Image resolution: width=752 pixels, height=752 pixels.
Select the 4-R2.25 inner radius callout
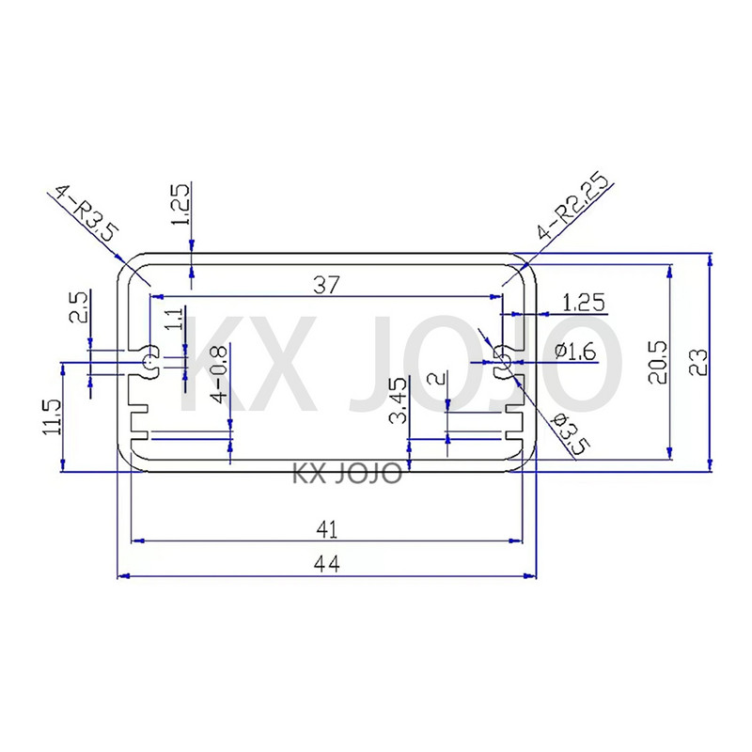click(573, 209)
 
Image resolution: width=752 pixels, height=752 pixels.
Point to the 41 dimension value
click(325, 530)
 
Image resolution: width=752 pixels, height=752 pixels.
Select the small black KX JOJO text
click(348, 472)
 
